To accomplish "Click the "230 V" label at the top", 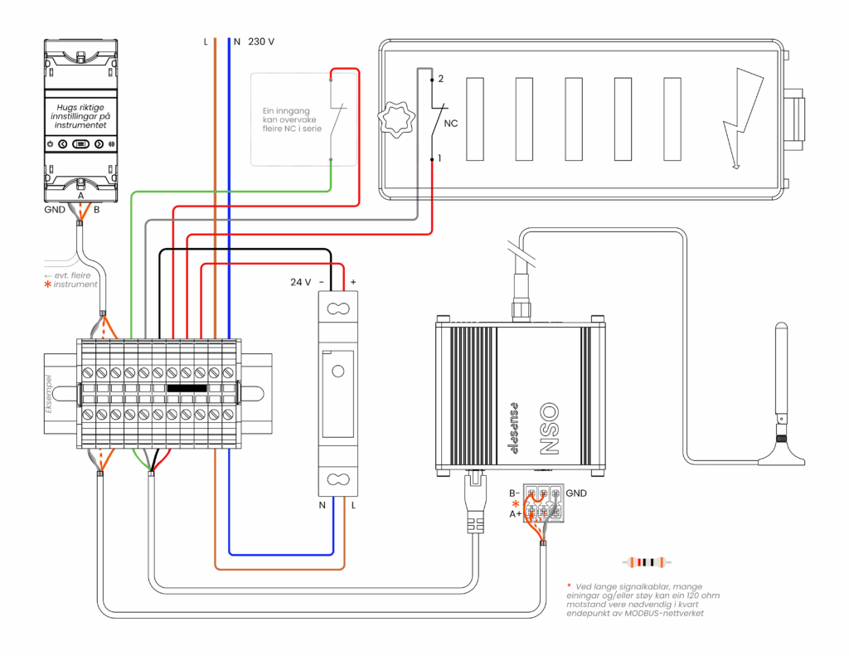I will click(x=261, y=41).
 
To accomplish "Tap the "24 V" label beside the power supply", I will click(x=300, y=282).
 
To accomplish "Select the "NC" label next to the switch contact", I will click(x=452, y=124).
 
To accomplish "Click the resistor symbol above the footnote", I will click(x=648, y=563).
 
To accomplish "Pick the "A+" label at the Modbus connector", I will click(x=515, y=514).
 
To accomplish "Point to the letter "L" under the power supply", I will click(x=354, y=505).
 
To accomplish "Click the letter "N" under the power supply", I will click(x=323, y=505).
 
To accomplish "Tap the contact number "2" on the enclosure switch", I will click(x=441, y=79).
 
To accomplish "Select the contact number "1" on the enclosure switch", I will click(x=441, y=158).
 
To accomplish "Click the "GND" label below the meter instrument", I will click(x=55, y=210).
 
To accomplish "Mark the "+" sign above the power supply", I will click(x=353, y=282).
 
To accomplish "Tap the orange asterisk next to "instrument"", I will click(x=47, y=284).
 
